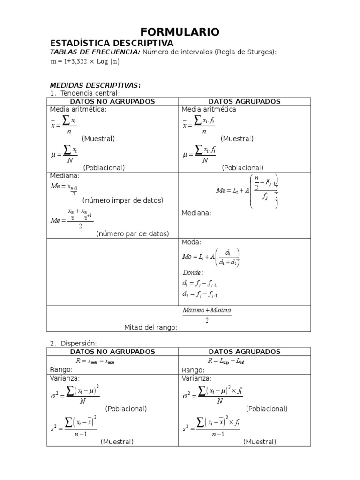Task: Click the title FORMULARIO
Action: click(180, 32)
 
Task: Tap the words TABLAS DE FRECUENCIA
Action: click(95, 52)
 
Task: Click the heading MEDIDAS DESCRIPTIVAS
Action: click(95, 85)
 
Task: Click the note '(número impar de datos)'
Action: click(122, 200)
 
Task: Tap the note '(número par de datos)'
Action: click(133, 233)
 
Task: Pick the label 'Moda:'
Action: click(191, 242)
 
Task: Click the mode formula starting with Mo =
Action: click(211, 257)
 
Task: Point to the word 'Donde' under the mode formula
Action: click(192, 272)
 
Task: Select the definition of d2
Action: click(200, 294)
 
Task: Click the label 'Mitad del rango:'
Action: click(150, 327)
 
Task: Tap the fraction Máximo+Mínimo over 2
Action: click(207, 315)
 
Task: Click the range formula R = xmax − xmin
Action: click(95, 361)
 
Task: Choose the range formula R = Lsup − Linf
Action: click(226, 361)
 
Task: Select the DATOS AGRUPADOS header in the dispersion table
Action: click(244, 352)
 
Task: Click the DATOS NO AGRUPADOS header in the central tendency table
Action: click(112, 101)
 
